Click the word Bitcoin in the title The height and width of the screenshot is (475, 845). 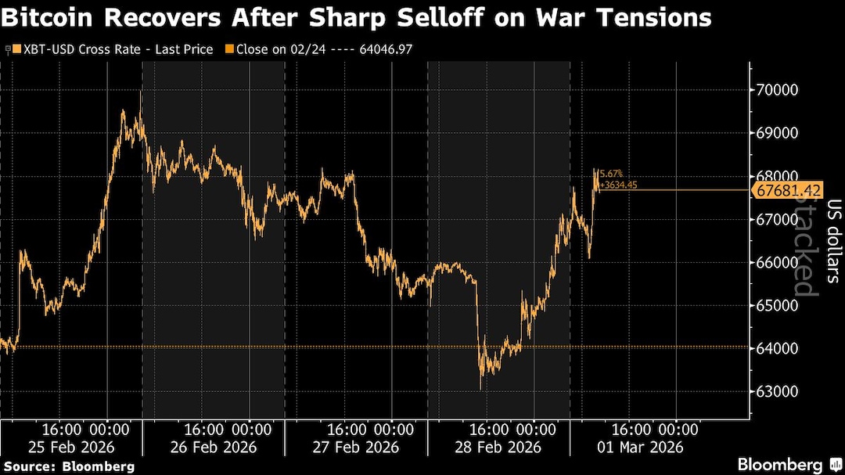[48, 18]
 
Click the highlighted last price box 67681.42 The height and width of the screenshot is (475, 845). [786, 190]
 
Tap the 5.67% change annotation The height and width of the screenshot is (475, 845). [612, 174]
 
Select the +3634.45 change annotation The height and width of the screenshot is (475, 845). [618, 185]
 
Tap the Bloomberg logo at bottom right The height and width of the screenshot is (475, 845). [786, 465]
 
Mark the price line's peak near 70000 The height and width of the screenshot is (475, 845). [141, 92]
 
